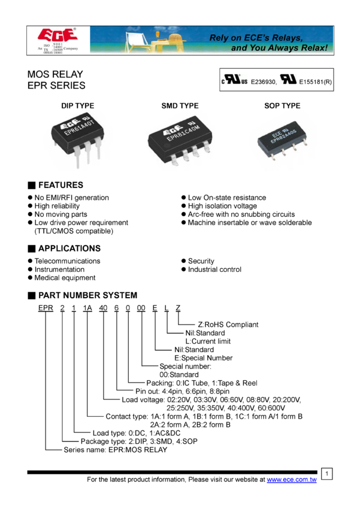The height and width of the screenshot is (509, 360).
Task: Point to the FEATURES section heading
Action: [60, 185]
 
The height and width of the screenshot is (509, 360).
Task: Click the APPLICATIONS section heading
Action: [69, 248]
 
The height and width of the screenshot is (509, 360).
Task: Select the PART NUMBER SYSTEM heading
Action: [87, 295]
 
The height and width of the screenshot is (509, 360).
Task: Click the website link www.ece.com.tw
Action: [291, 480]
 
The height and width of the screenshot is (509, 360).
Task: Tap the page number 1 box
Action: [327, 474]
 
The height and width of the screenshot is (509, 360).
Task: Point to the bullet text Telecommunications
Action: [67, 261]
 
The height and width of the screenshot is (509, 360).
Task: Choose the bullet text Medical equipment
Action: [65, 278]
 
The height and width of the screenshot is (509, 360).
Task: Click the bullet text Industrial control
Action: [214, 269]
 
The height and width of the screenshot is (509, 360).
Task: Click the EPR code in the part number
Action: [46, 308]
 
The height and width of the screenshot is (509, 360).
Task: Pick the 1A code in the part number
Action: [87, 308]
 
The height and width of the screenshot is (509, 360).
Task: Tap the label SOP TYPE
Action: [282, 106]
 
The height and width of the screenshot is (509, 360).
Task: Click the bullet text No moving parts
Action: [60, 214]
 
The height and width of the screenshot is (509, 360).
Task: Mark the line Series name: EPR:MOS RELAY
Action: [115, 450]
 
